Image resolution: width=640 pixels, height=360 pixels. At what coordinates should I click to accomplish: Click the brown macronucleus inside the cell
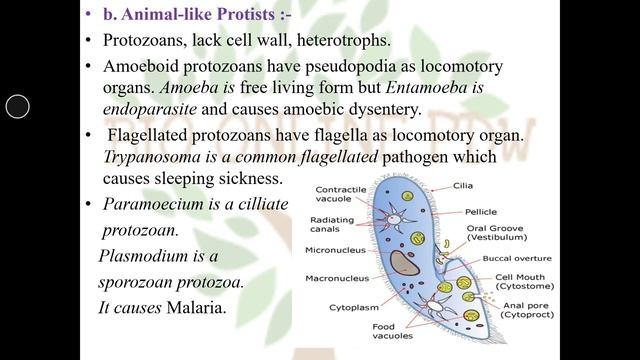coord(404,263)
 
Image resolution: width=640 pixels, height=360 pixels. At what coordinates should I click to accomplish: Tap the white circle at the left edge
coord(18,106)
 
